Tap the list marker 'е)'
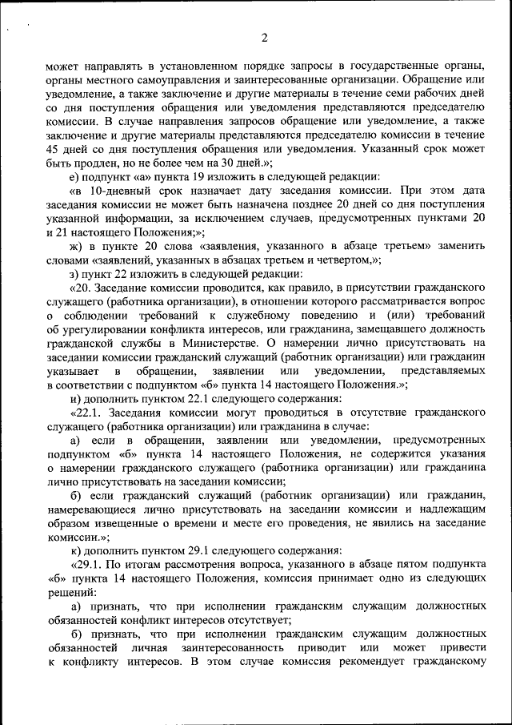pos(75,177)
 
